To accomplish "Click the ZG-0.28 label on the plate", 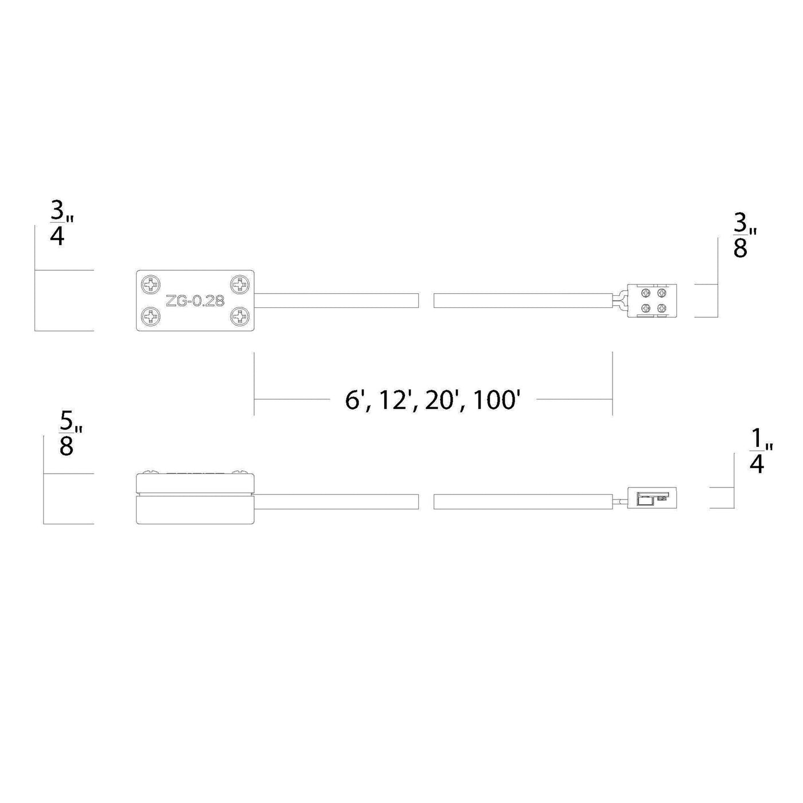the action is [195, 301].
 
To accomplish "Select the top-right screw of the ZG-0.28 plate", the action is [240, 284].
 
